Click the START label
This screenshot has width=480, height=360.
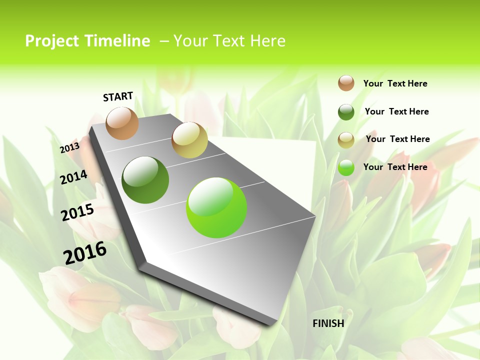click(118, 96)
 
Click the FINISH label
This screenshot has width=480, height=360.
click(328, 323)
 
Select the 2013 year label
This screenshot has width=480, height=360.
click(69, 148)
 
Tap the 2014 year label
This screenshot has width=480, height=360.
click(74, 177)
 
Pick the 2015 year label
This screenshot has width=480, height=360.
click(77, 212)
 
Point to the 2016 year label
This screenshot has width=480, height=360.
click(85, 253)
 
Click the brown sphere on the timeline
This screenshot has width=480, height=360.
click(122, 123)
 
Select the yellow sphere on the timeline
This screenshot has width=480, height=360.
click(189, 140)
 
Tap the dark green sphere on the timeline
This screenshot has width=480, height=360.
click(145, 180)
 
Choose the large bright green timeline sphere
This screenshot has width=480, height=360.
click(216, 207)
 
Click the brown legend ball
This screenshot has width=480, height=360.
click(346, 83)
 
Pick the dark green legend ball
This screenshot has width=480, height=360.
click(346, 112)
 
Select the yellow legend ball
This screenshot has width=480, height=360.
click(346, 140)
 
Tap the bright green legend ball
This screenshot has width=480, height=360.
click(346, 167)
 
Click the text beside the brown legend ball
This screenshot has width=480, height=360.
click(395, 83)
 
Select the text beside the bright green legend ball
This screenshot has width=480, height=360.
click(395, 167)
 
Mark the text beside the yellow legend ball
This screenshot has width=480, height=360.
click(397, 139)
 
